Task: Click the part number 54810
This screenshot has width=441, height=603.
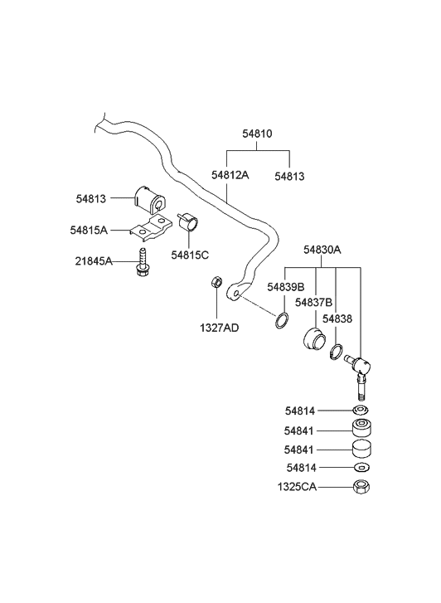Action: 257,134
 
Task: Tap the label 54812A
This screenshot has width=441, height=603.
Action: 230,175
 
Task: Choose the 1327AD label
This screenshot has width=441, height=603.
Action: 218,328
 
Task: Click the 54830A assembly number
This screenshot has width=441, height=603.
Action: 322,250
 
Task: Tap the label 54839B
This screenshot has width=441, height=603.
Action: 287,287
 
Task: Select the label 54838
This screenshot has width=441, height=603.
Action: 337,318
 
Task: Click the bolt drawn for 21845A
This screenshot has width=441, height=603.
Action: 143,262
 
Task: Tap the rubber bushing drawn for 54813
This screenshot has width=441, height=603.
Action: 148,199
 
